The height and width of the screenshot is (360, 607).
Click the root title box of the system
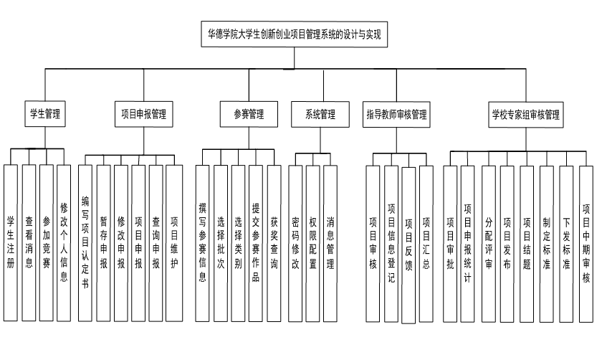(x=294, y=34)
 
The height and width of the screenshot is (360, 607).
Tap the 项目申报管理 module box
(x=143, y=113)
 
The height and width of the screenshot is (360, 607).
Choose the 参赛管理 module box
(x=249, y=113)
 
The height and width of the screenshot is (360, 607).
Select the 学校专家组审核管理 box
(x=525, y=113)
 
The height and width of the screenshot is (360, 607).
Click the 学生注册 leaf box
(x=10, y=244)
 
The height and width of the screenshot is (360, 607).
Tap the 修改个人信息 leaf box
(x=64, y=244)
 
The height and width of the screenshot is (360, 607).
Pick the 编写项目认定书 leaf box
(x=85, y=244)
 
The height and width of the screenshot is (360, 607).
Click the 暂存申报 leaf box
(x=104, y=244)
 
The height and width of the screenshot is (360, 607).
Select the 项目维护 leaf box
(x=174, y=244)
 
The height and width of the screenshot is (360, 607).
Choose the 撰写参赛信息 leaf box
(x=204, y=244)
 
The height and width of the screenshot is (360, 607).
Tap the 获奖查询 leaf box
(x=274, y=244)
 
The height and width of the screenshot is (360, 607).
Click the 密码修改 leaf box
(x=295, y=244)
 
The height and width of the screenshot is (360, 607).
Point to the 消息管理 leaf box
(x=330, y=244)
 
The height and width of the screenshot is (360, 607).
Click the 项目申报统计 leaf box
(x=468, y=244)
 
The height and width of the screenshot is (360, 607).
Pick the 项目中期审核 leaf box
(x=586, y=244)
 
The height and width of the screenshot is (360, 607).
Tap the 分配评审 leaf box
(x=489, y=244)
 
